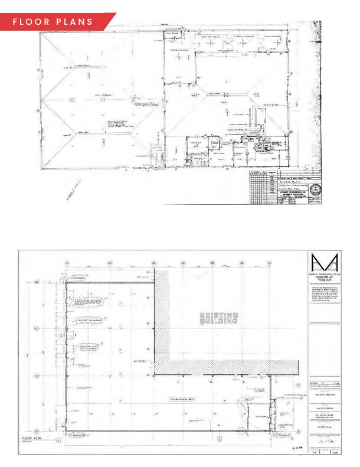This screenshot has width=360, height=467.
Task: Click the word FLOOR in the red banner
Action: pyautogui.click(x=31, y=22)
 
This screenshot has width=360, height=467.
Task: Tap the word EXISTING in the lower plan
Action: pyautogui.click(x=219, y=314)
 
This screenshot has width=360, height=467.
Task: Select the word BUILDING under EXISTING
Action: pyautogui.click(x=219, y=322)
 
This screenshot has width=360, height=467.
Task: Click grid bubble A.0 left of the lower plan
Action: pyautogui.click(x=37, y=283)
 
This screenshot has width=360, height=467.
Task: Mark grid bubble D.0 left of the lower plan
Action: pyautogui.click(x=37, y=431)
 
